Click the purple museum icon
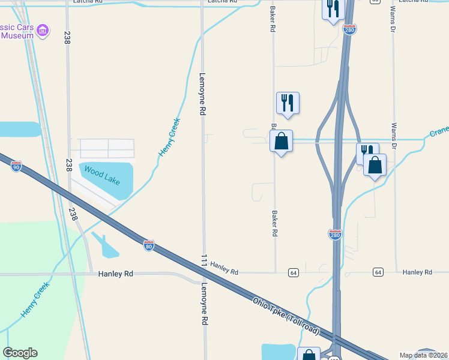point(42,30)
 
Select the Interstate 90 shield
point(16,166)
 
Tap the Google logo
point(20,352)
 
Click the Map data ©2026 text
point(423,355)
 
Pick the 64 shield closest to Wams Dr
point(378,272)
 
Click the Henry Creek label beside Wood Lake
point(170,137)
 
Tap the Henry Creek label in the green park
point(34,299)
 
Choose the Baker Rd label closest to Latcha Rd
point(273,19)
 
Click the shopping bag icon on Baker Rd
point(281,142)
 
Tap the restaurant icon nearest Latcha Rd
point(333,8)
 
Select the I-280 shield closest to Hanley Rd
point(335,233)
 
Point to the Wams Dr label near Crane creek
point(394,137)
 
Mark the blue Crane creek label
point(439,131)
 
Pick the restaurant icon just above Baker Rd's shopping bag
point(288,103)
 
